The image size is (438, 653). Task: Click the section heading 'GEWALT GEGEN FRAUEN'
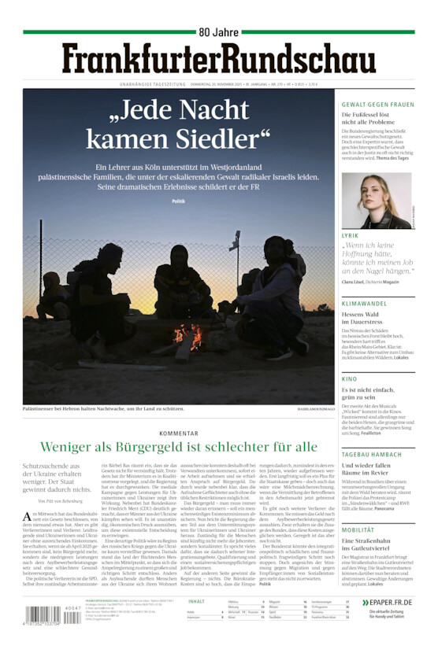377,105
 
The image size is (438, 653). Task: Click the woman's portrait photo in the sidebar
376,200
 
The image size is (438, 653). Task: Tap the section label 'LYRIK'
351,236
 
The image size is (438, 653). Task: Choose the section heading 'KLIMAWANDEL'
363,303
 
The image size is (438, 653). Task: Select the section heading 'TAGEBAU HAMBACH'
371,454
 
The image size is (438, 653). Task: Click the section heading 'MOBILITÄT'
358,530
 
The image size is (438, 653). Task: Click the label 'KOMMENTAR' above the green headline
179,433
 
